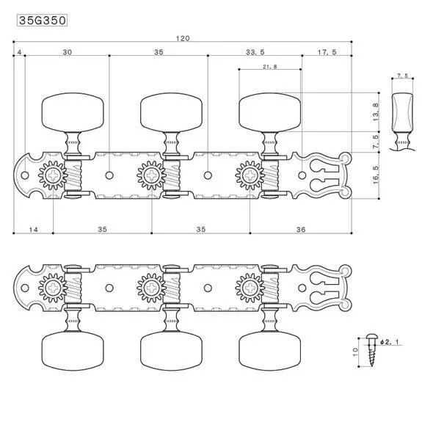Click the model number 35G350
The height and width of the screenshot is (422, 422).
(42, 21)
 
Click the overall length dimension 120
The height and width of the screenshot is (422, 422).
(183, 38)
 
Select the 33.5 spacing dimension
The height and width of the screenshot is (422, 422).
(255, 52)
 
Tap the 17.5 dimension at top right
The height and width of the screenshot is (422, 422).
(327, 52)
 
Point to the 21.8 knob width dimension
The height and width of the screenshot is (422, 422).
(269, 67)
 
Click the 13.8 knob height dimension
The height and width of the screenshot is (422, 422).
(376, 112)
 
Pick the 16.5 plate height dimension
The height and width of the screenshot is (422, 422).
(376, 175)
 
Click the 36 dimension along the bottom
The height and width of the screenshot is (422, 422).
(301, 229)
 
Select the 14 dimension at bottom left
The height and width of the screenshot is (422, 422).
(33, 230)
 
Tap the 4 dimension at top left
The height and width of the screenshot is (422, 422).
(19, 52)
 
